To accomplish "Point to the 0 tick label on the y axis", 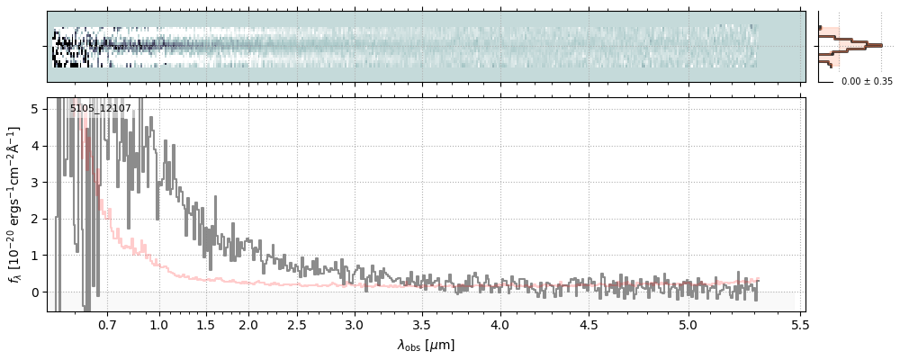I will click(35, 292).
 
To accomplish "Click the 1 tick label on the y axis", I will click(35, 256).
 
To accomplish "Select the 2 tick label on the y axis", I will click(35, 219).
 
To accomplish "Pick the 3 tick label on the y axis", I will click(35, 182).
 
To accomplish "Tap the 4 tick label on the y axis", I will click(35, 145).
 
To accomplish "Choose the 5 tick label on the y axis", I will click(35, 109).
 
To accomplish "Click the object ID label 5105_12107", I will click(101, 109).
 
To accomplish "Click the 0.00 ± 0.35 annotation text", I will click(867, 81).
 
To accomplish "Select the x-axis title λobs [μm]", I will click(426, 345).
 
